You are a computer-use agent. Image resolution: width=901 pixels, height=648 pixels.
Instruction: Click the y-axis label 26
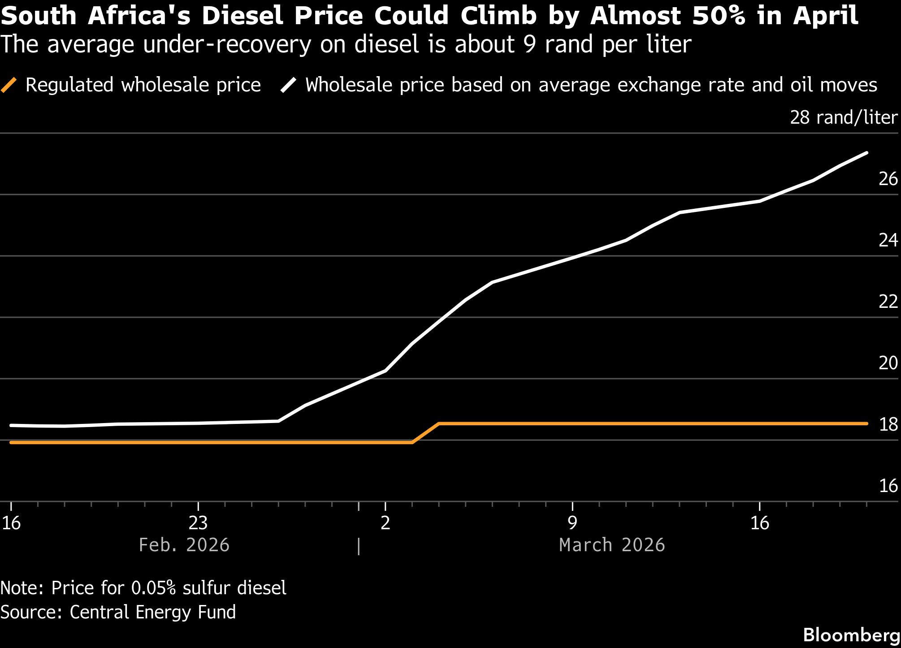point(888,179)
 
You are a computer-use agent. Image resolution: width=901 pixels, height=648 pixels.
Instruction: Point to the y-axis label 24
point(888,241)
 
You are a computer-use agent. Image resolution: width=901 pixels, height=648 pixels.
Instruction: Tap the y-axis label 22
point(888,302)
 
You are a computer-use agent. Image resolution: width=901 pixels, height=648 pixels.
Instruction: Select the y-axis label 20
point(888,363)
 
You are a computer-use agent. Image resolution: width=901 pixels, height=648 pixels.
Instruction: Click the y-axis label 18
point(888,425)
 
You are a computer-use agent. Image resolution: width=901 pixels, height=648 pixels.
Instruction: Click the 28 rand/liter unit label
point(843,118)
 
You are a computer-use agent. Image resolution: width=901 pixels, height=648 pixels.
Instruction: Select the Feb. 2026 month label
point(184,545)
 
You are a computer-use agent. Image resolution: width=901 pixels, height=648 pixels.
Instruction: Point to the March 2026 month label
point(612,545)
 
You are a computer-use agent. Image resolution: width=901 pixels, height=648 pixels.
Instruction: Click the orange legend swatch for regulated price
point(9,85)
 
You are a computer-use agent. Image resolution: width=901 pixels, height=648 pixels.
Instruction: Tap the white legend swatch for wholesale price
point(289,85)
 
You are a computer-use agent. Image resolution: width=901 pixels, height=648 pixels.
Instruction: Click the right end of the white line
point(866,153)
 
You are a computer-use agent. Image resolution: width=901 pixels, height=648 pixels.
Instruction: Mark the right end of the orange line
point(866,423)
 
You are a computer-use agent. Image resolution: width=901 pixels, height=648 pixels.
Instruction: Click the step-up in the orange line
point(425,433)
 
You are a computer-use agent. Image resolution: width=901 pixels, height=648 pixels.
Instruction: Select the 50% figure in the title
point(719,16)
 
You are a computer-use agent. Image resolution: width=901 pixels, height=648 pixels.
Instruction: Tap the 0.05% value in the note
point(153,588)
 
